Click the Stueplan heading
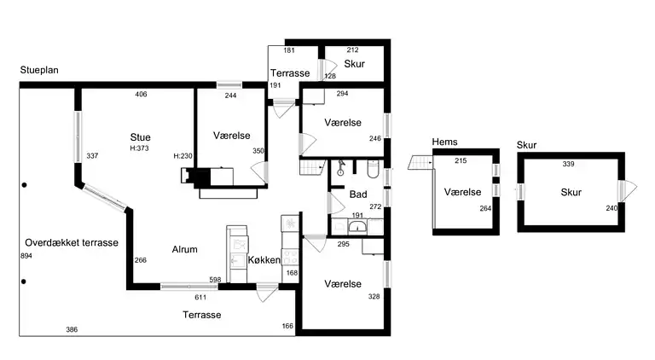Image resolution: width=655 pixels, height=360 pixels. click(39, 70)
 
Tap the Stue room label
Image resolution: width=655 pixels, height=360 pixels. click(141, 137)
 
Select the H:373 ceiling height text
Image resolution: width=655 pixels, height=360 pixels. click(139, 148)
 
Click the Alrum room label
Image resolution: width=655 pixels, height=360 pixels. click(184, 249)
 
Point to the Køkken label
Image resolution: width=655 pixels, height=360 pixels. click(264, 260)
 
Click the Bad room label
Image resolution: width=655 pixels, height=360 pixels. click(358, 195)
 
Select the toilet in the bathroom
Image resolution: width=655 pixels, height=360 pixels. click(373, 168)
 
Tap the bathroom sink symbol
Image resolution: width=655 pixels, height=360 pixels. click(357, 227)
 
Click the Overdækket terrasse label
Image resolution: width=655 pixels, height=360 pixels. click(72, 242)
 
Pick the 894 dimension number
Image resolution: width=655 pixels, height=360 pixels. click(26, 256)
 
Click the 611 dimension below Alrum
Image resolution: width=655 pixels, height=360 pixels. click(200, 298)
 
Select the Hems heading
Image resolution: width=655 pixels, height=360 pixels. click(445, 142)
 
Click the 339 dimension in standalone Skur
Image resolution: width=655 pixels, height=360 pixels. click(569, 164)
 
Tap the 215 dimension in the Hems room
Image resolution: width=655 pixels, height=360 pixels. click(461, 160)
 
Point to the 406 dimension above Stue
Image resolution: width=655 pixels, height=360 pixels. click(142, 95)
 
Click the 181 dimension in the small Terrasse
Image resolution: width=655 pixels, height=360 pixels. click(289, 50)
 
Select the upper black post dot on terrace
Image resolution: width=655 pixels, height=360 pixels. click(24, 185)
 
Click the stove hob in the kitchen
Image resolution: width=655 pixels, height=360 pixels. click(291, 256)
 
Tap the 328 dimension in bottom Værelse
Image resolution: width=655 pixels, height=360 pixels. click(374, 297)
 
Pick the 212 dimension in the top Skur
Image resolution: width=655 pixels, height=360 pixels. click(352, 50)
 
